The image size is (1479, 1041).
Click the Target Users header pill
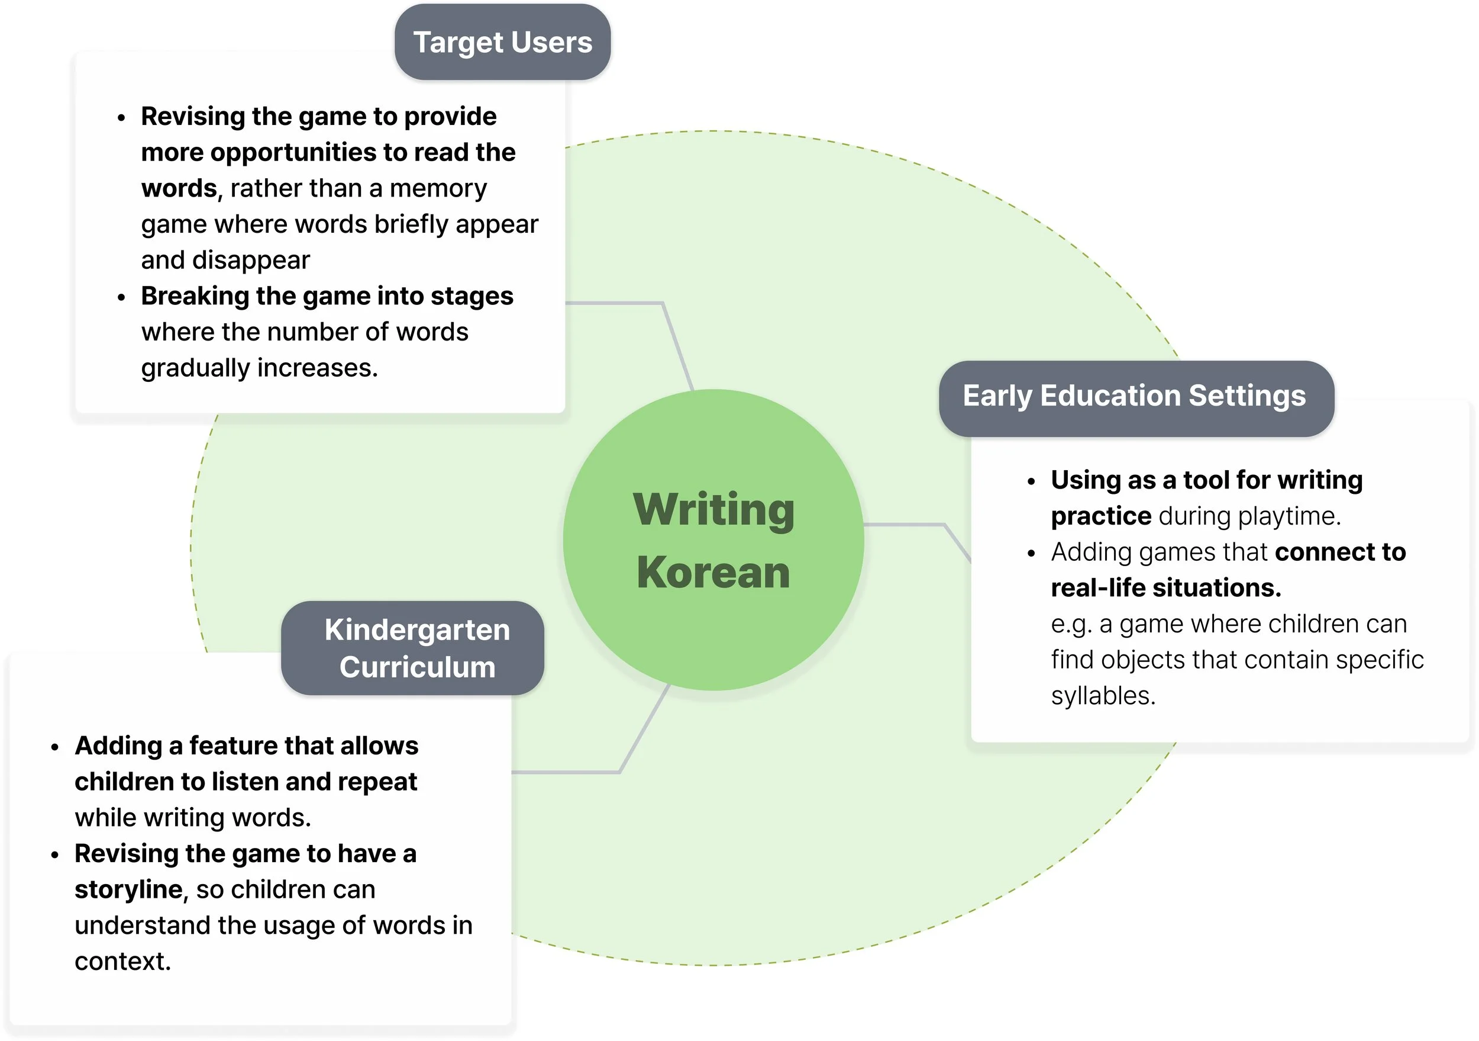(x=502, y=42)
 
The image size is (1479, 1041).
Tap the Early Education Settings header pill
(x=1136, y=399)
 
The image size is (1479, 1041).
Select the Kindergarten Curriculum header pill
(x=413, y=648)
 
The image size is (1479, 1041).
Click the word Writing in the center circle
(x=713, y=510)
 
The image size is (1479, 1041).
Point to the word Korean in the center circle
(x=713, y=573)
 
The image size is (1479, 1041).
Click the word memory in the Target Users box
(x=438, y=189)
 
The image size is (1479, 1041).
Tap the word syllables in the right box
(x=1103, y=696)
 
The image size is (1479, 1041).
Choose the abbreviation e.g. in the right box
(x=1072, y=625)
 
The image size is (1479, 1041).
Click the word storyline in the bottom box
(x=129, y=889)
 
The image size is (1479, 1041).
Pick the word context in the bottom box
(x=123, y=961)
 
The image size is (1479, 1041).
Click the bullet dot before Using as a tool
(x=1031, y=481)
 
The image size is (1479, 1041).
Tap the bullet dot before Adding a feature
(x=55, y=747)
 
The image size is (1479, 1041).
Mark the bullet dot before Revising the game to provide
(x=121, y=118)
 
